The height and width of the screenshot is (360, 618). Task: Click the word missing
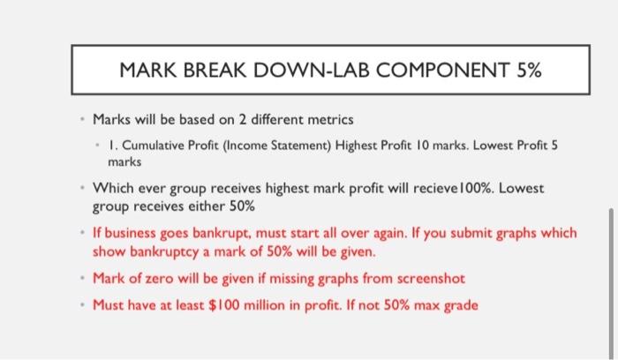tap(284, 279)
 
